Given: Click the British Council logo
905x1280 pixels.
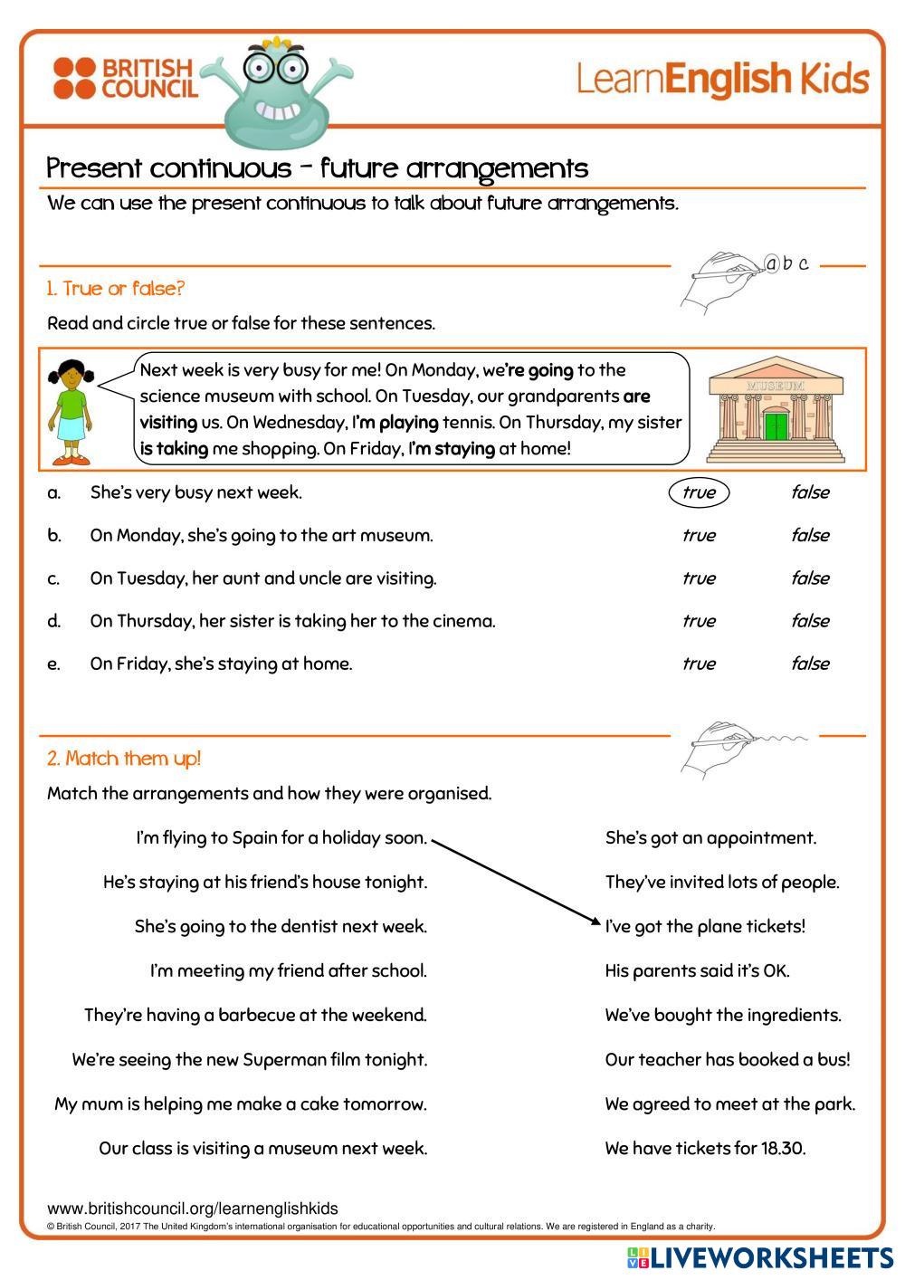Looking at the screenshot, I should click(124, 79).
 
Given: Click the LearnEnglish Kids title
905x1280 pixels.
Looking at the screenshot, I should click(722, 80).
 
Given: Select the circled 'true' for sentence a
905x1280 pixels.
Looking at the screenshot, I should click(698, 492).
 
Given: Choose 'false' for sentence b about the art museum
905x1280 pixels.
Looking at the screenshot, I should click(809, 535).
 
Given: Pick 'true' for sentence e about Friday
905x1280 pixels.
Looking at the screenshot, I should click(698, 664).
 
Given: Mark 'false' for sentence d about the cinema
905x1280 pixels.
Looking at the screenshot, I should click(809, 621).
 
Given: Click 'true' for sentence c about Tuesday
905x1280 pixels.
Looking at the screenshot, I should click(698, 578).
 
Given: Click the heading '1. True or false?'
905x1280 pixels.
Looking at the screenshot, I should click(116, 289).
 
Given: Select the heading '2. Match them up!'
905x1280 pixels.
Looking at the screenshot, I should click(124, 759).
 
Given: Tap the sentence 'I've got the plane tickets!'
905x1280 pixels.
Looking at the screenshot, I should click(705, 926).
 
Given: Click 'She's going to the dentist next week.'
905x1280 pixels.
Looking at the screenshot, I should click(281, 926).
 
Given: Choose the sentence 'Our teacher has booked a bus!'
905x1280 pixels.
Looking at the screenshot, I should click(728, 1059).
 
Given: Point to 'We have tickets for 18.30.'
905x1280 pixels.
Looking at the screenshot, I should click(705, 1148).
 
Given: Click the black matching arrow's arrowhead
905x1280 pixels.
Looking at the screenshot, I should click(595, 922).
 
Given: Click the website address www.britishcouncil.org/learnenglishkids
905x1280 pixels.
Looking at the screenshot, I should click(193, 1208).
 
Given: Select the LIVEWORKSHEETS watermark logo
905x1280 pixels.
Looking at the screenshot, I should click(760, 1257).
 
